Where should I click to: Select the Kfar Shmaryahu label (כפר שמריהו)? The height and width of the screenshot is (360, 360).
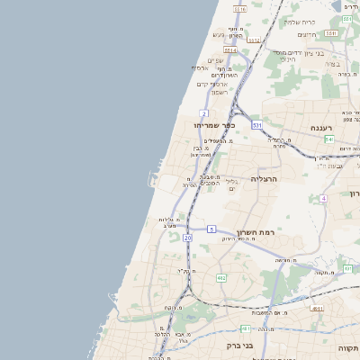point(220,126)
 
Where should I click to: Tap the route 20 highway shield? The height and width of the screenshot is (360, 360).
point(187,238)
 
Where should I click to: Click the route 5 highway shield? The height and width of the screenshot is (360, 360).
point(210,229)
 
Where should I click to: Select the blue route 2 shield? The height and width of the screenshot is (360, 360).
point(204,113)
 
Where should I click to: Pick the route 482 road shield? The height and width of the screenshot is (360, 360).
point(221,278)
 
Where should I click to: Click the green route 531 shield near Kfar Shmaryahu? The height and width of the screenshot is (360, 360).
point(256,124)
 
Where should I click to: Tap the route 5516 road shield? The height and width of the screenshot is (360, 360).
point(238,9)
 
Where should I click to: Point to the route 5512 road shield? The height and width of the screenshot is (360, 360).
point(254,40)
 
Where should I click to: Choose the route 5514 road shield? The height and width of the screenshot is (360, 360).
point(230,51)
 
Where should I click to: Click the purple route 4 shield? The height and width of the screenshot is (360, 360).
point(322,198)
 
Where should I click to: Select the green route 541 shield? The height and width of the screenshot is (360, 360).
point(329,139)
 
